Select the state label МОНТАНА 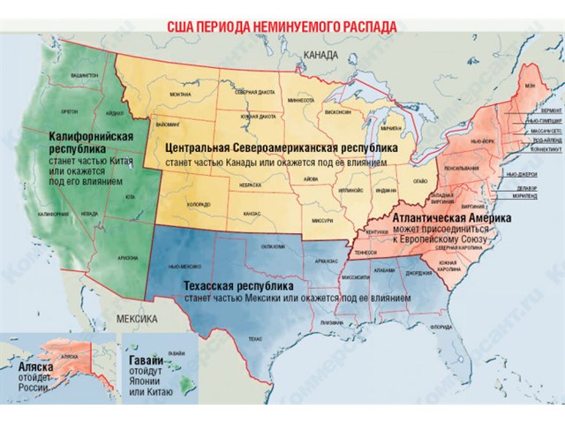180,94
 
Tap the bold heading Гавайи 145,362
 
